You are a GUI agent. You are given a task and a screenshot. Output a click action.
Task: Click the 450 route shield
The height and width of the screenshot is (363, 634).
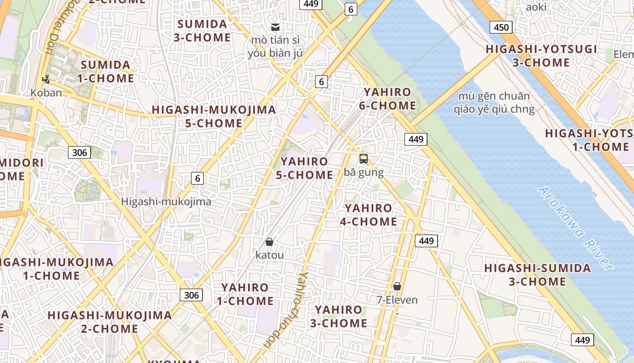pyautogui.click(x=501, y=27)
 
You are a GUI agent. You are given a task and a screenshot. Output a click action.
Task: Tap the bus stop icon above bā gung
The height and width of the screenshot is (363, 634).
pyautogui.click(x=364, y=159)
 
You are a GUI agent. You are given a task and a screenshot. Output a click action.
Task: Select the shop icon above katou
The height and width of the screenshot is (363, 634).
pyautogui.click(x=269, y=242)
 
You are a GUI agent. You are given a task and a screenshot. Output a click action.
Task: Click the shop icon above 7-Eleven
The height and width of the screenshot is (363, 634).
pyautogui.click(x=397, y=286)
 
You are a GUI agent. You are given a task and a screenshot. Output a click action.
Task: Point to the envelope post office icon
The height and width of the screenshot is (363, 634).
pyautogui.click(x=275, y=27)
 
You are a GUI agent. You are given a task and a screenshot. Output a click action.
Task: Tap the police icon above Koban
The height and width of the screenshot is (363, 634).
pyautogui.click(x=46, y=79)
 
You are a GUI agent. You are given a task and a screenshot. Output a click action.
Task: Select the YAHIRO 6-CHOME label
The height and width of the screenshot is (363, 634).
pyautogui.click(x=388, y=99)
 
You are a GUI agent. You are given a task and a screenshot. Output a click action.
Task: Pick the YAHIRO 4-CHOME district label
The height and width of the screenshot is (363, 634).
pyautogui.click(x=369, y=215)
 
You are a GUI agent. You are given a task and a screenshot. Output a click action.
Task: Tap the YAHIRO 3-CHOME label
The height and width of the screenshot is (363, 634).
pyautogui.click(x=339, y=317)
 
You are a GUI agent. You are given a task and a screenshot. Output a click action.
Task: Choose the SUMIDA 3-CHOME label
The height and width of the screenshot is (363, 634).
pyautogui.click(x=202, y=30)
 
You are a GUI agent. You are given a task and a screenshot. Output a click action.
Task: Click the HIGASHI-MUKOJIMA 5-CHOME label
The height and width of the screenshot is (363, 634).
pyautogui.click(x=214, y=116)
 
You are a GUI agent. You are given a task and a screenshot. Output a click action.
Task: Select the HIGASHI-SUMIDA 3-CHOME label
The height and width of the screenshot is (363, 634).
pyautogui.click(x=538, y=275)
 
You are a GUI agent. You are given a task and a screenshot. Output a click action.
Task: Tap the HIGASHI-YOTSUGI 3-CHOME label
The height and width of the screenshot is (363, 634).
pyautogui.click(x=541, y=56)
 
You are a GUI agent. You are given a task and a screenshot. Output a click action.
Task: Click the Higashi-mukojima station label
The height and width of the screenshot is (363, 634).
pyautogui.click(x=166, y=201)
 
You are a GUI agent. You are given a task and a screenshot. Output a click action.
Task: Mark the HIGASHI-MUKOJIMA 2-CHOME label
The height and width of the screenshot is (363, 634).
pyautogui.click(x=110, y=322)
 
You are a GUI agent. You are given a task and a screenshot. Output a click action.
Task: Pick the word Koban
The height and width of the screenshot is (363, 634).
pyautogui.click(x=46, y=93)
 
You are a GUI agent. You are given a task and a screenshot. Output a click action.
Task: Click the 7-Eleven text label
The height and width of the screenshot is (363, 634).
pyautogui.click(x=397, y=300)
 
